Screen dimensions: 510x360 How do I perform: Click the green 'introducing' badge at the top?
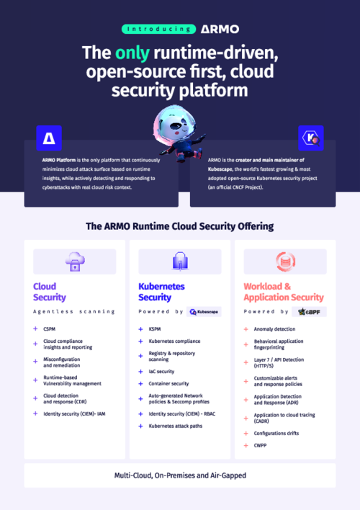[x=158, y=30]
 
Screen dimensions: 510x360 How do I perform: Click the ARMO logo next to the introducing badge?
[x=220, y=30]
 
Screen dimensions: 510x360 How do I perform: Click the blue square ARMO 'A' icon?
[x=48, y=138]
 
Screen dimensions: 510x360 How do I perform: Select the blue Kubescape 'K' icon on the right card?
[x=310, y=138]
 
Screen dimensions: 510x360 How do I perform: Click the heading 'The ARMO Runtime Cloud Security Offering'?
[x=179, y=226]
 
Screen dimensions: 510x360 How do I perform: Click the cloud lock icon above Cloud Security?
[x=74, y=261]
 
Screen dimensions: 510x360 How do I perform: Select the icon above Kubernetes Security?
[x=180, y=261]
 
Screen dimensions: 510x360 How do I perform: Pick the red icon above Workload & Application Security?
[x=285, y=261]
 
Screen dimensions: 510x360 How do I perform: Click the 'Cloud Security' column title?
[x=50, y=292]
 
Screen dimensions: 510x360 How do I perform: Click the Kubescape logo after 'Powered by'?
[x=204, y=312]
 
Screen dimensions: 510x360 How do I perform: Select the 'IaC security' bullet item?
[x=161, y=372]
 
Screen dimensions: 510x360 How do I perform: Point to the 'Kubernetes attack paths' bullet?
[x=177, y=426]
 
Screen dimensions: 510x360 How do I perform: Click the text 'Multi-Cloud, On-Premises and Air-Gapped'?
[x=179, y=475]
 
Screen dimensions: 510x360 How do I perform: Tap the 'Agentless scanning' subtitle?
[x=74, y=312]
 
